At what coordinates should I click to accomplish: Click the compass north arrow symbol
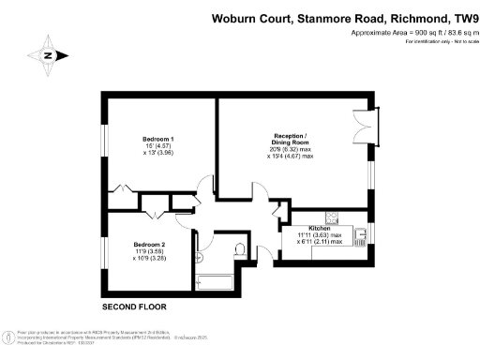[48, 53]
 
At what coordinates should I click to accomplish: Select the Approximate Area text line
[409, 33]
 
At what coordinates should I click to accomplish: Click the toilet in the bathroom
[241, 250]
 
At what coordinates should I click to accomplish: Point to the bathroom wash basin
[199, 248]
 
